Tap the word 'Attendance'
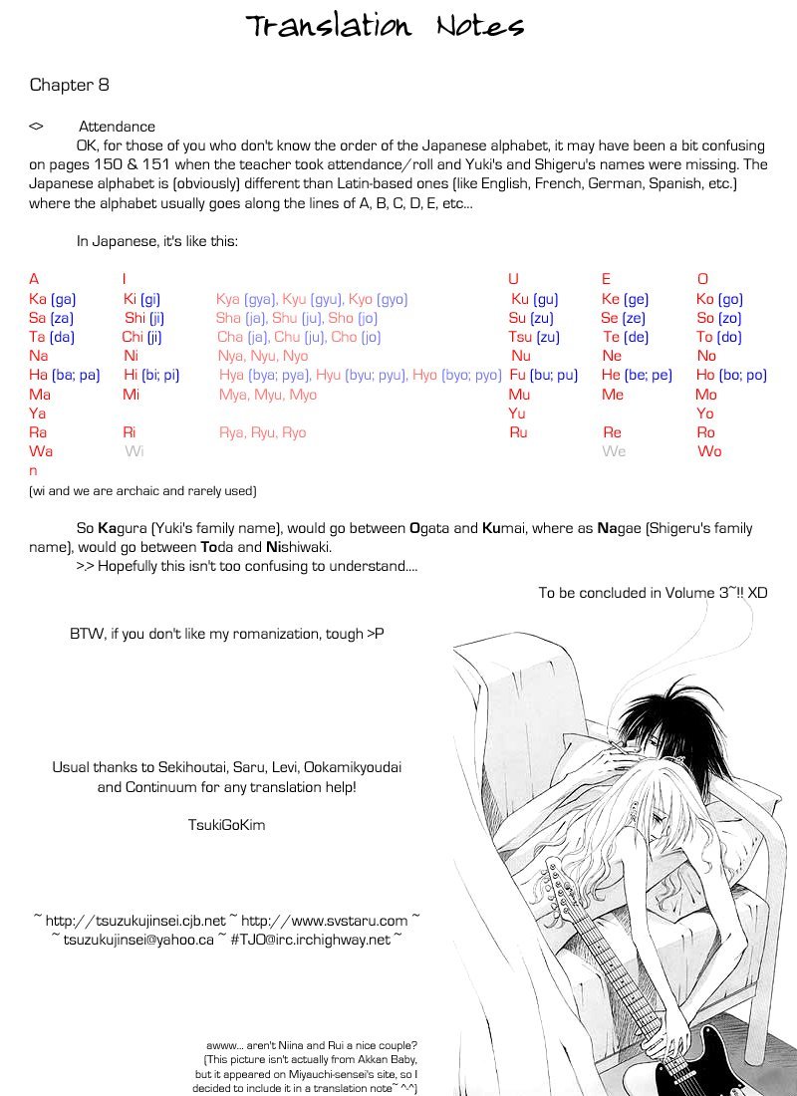117,127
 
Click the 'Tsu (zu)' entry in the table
533,337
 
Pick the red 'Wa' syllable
41,451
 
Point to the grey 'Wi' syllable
134,451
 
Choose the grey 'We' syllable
614,451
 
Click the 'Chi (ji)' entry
141,337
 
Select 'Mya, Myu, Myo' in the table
267,395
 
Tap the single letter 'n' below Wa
33,470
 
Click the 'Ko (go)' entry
719,299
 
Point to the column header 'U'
513,279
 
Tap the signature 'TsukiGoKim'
226,825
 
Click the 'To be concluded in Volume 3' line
653,592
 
